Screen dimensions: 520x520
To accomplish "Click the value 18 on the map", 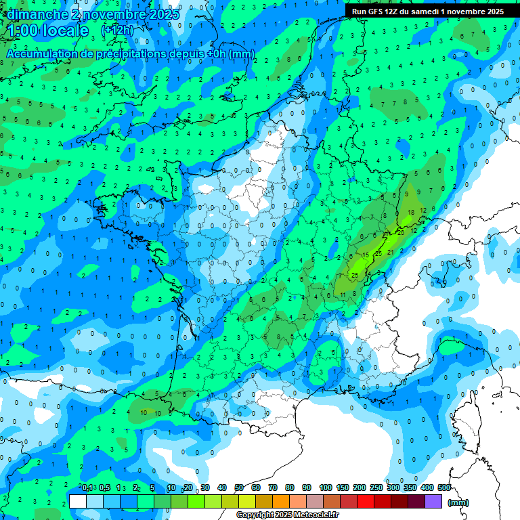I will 411,212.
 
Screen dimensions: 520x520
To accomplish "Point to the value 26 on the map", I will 401,233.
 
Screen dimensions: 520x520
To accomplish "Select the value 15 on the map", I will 366,255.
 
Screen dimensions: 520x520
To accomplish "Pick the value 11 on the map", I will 344,294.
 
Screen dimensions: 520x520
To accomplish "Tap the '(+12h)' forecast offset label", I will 117,30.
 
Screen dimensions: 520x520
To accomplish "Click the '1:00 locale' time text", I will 48,30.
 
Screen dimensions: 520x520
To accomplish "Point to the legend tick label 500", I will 444,487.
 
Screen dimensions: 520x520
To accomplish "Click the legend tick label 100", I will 326,487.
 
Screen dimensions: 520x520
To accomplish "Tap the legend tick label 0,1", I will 88,487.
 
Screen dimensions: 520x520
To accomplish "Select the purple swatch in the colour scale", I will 435,501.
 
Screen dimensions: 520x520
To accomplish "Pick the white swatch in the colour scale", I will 78,501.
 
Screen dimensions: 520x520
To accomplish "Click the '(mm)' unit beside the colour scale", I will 458,502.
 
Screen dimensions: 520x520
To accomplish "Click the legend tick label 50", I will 239,487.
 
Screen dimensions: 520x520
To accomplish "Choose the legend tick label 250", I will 376,487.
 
